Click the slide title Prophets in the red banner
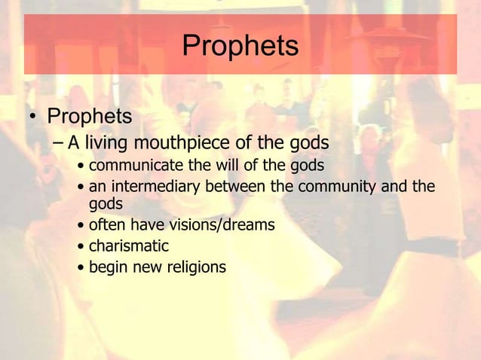[240, 47]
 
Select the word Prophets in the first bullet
[90, 117]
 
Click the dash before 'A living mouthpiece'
[59, 142]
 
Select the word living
[107, 142]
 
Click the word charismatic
[129, 246]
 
